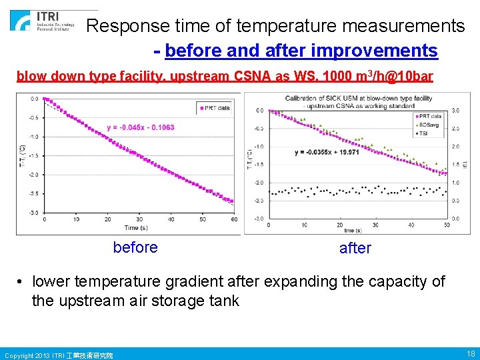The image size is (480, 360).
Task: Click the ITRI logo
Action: click(50, 21)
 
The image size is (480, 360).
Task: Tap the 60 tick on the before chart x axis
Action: click(233, 219)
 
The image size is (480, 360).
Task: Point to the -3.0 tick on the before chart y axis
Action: click(33, 213)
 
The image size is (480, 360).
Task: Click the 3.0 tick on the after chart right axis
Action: click(455, 110)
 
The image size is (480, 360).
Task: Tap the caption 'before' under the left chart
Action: click(135, 247)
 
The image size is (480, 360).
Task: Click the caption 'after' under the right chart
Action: click(355, 248)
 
